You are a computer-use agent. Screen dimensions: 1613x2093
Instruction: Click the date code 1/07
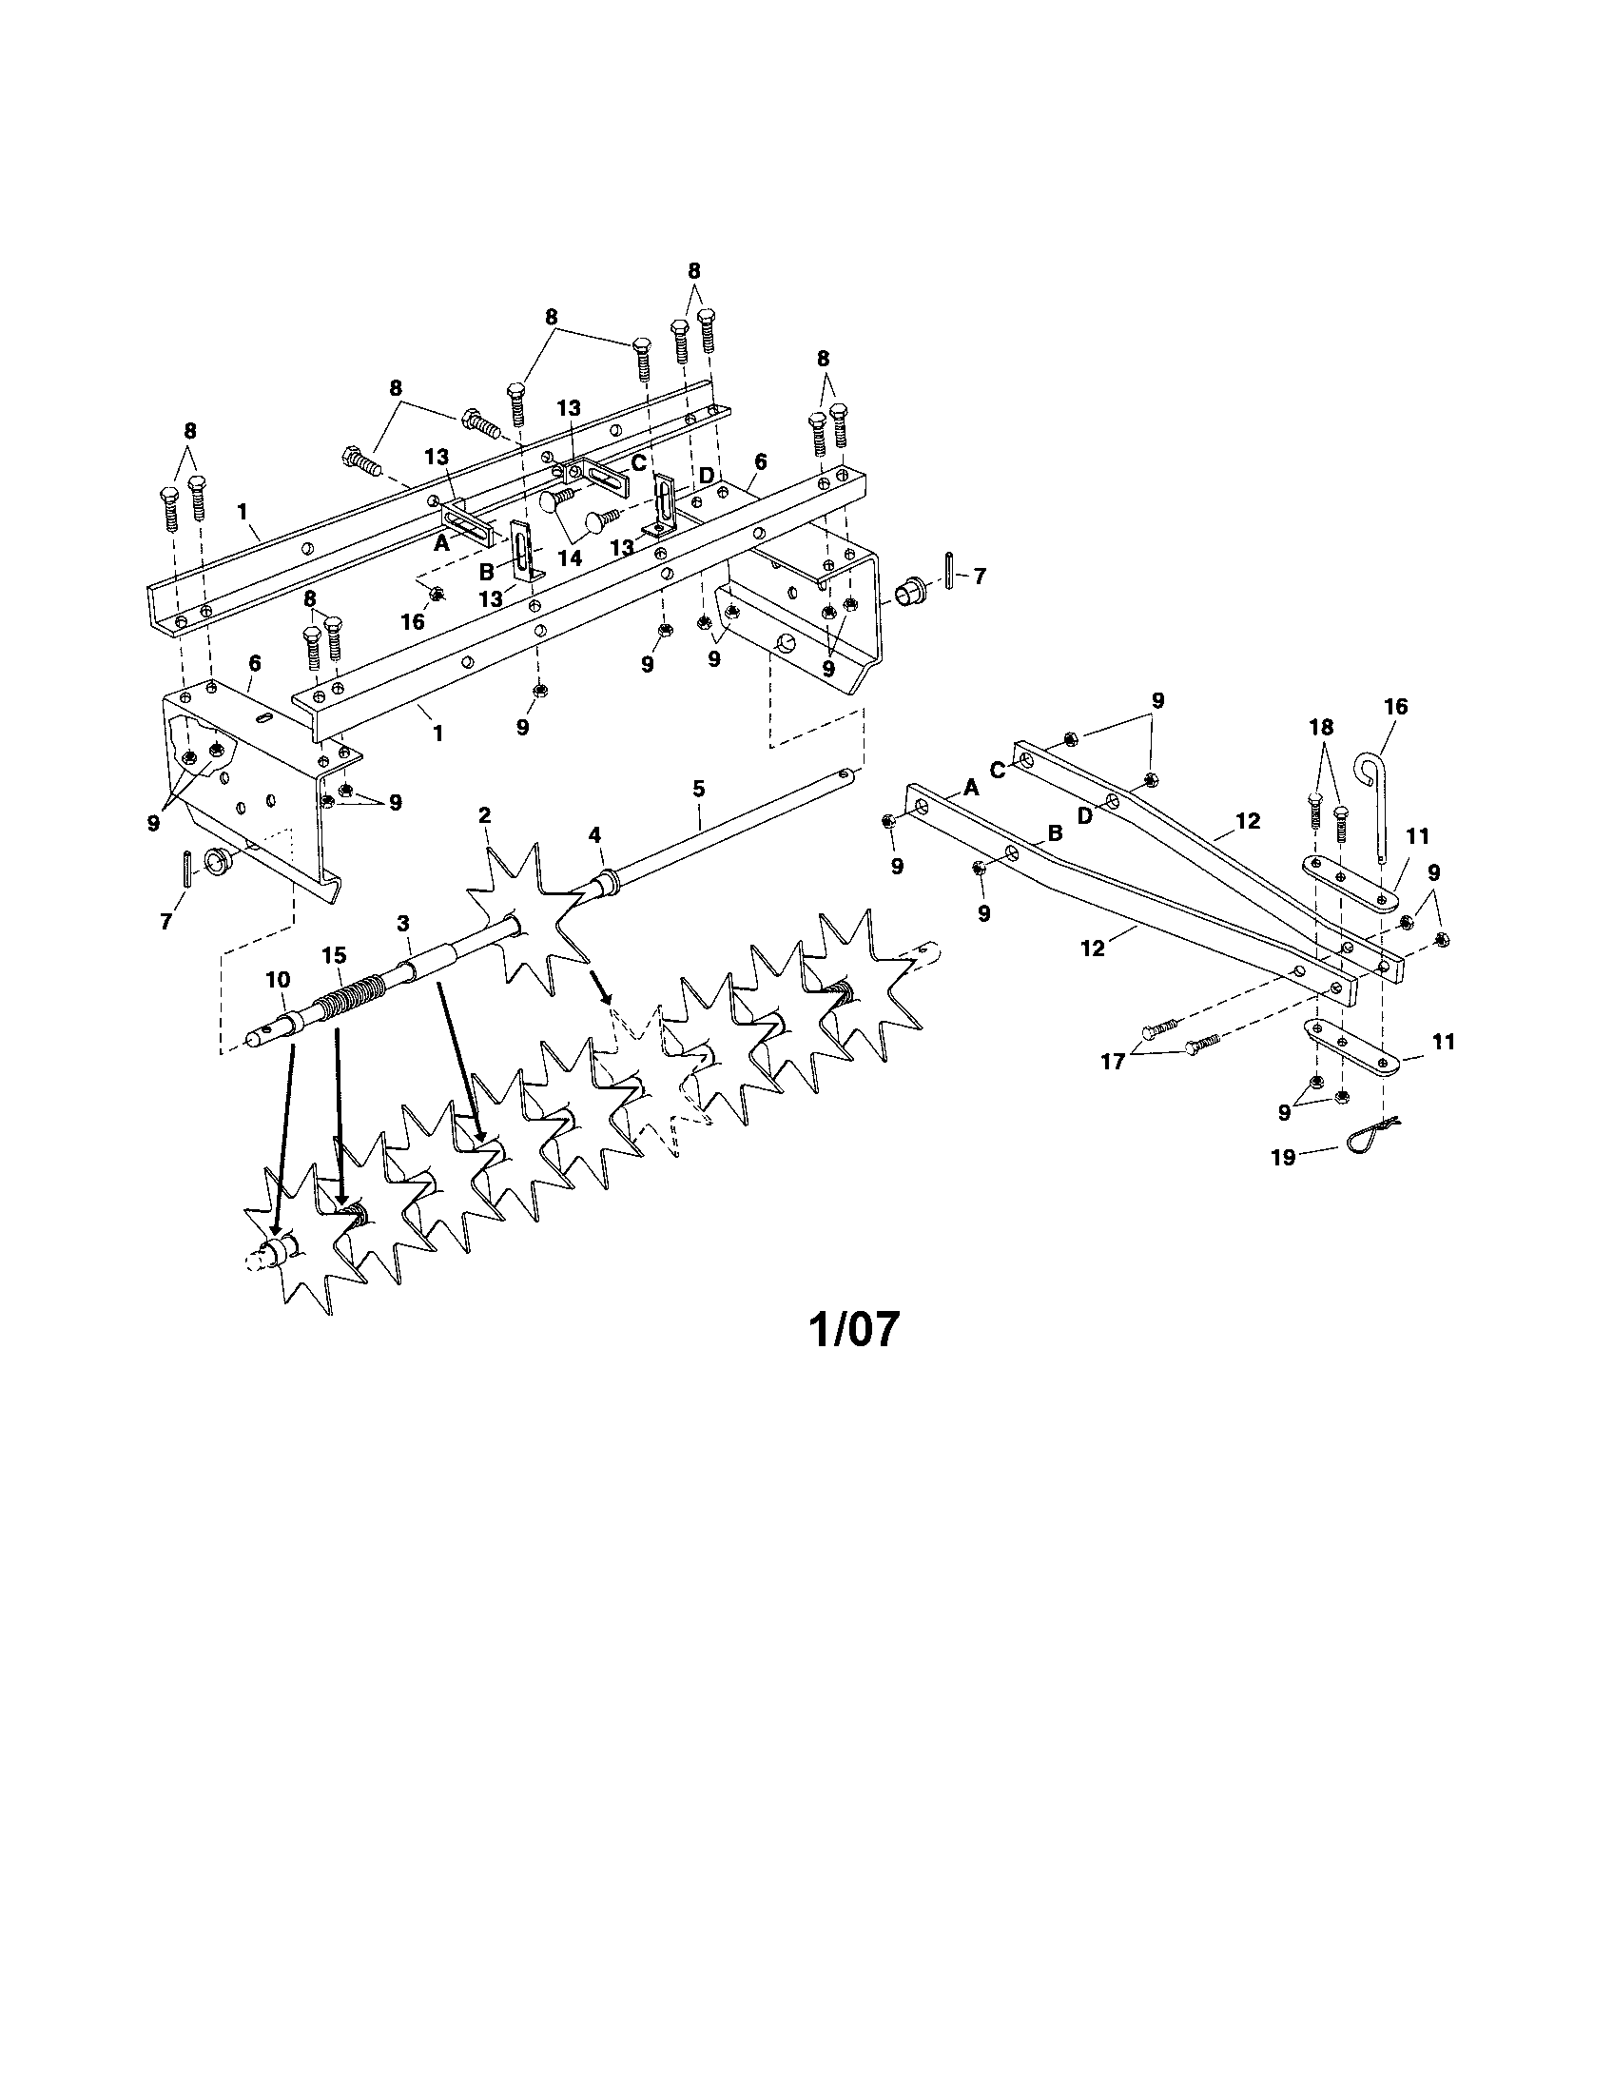pos(855,1329)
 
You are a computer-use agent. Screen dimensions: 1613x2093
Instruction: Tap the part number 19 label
pos(1283,1158)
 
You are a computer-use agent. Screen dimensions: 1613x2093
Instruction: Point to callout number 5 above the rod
pos(698,789)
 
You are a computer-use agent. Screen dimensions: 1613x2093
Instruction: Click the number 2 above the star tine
pos(485,815)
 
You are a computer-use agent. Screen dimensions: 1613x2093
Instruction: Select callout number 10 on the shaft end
pos(278,979)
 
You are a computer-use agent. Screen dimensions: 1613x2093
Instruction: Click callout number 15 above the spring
pos(333,955)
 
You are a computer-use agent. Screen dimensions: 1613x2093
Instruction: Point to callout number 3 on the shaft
pos(403,923)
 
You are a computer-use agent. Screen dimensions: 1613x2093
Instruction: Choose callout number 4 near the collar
pos(594,835)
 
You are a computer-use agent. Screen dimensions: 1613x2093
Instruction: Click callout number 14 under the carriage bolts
pos(570,557)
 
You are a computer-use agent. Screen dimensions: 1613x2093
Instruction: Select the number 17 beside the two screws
pos(1112,1062)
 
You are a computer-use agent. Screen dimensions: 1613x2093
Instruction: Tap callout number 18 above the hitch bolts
pos(1321,728)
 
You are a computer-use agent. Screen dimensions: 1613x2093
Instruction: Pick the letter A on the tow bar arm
pos(971,787)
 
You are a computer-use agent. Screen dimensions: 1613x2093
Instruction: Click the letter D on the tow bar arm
pos(1084,815)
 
